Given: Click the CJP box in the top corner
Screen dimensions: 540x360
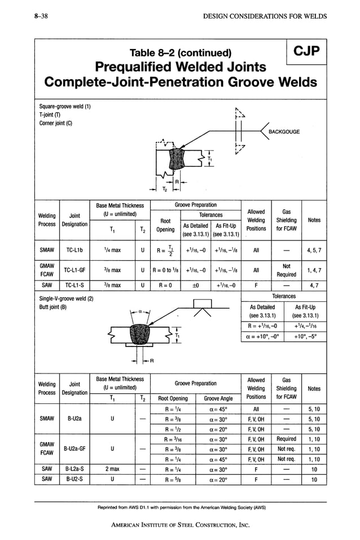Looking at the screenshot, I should [306, 52].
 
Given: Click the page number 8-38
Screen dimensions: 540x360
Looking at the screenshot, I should [41, 16].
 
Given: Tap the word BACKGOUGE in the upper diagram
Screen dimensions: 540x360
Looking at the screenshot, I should [284, 132].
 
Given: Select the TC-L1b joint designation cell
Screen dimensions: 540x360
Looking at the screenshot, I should [74, 249].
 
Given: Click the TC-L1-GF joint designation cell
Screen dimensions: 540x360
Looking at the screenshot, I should [74, 270].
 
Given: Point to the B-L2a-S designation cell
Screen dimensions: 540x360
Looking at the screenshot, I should [74, 469].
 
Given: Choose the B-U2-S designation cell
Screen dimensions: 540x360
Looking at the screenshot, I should [74, 480].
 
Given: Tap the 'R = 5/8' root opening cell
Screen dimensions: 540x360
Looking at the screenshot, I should [172, 480].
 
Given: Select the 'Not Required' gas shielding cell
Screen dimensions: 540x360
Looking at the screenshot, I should [286, 270].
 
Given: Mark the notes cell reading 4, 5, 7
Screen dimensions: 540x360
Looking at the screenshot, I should [314, 249].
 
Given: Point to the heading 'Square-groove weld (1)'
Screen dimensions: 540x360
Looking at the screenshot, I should [65, 107].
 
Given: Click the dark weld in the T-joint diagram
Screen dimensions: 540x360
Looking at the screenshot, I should [173, 160].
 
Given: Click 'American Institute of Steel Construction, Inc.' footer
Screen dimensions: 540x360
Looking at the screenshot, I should [180, 525].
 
